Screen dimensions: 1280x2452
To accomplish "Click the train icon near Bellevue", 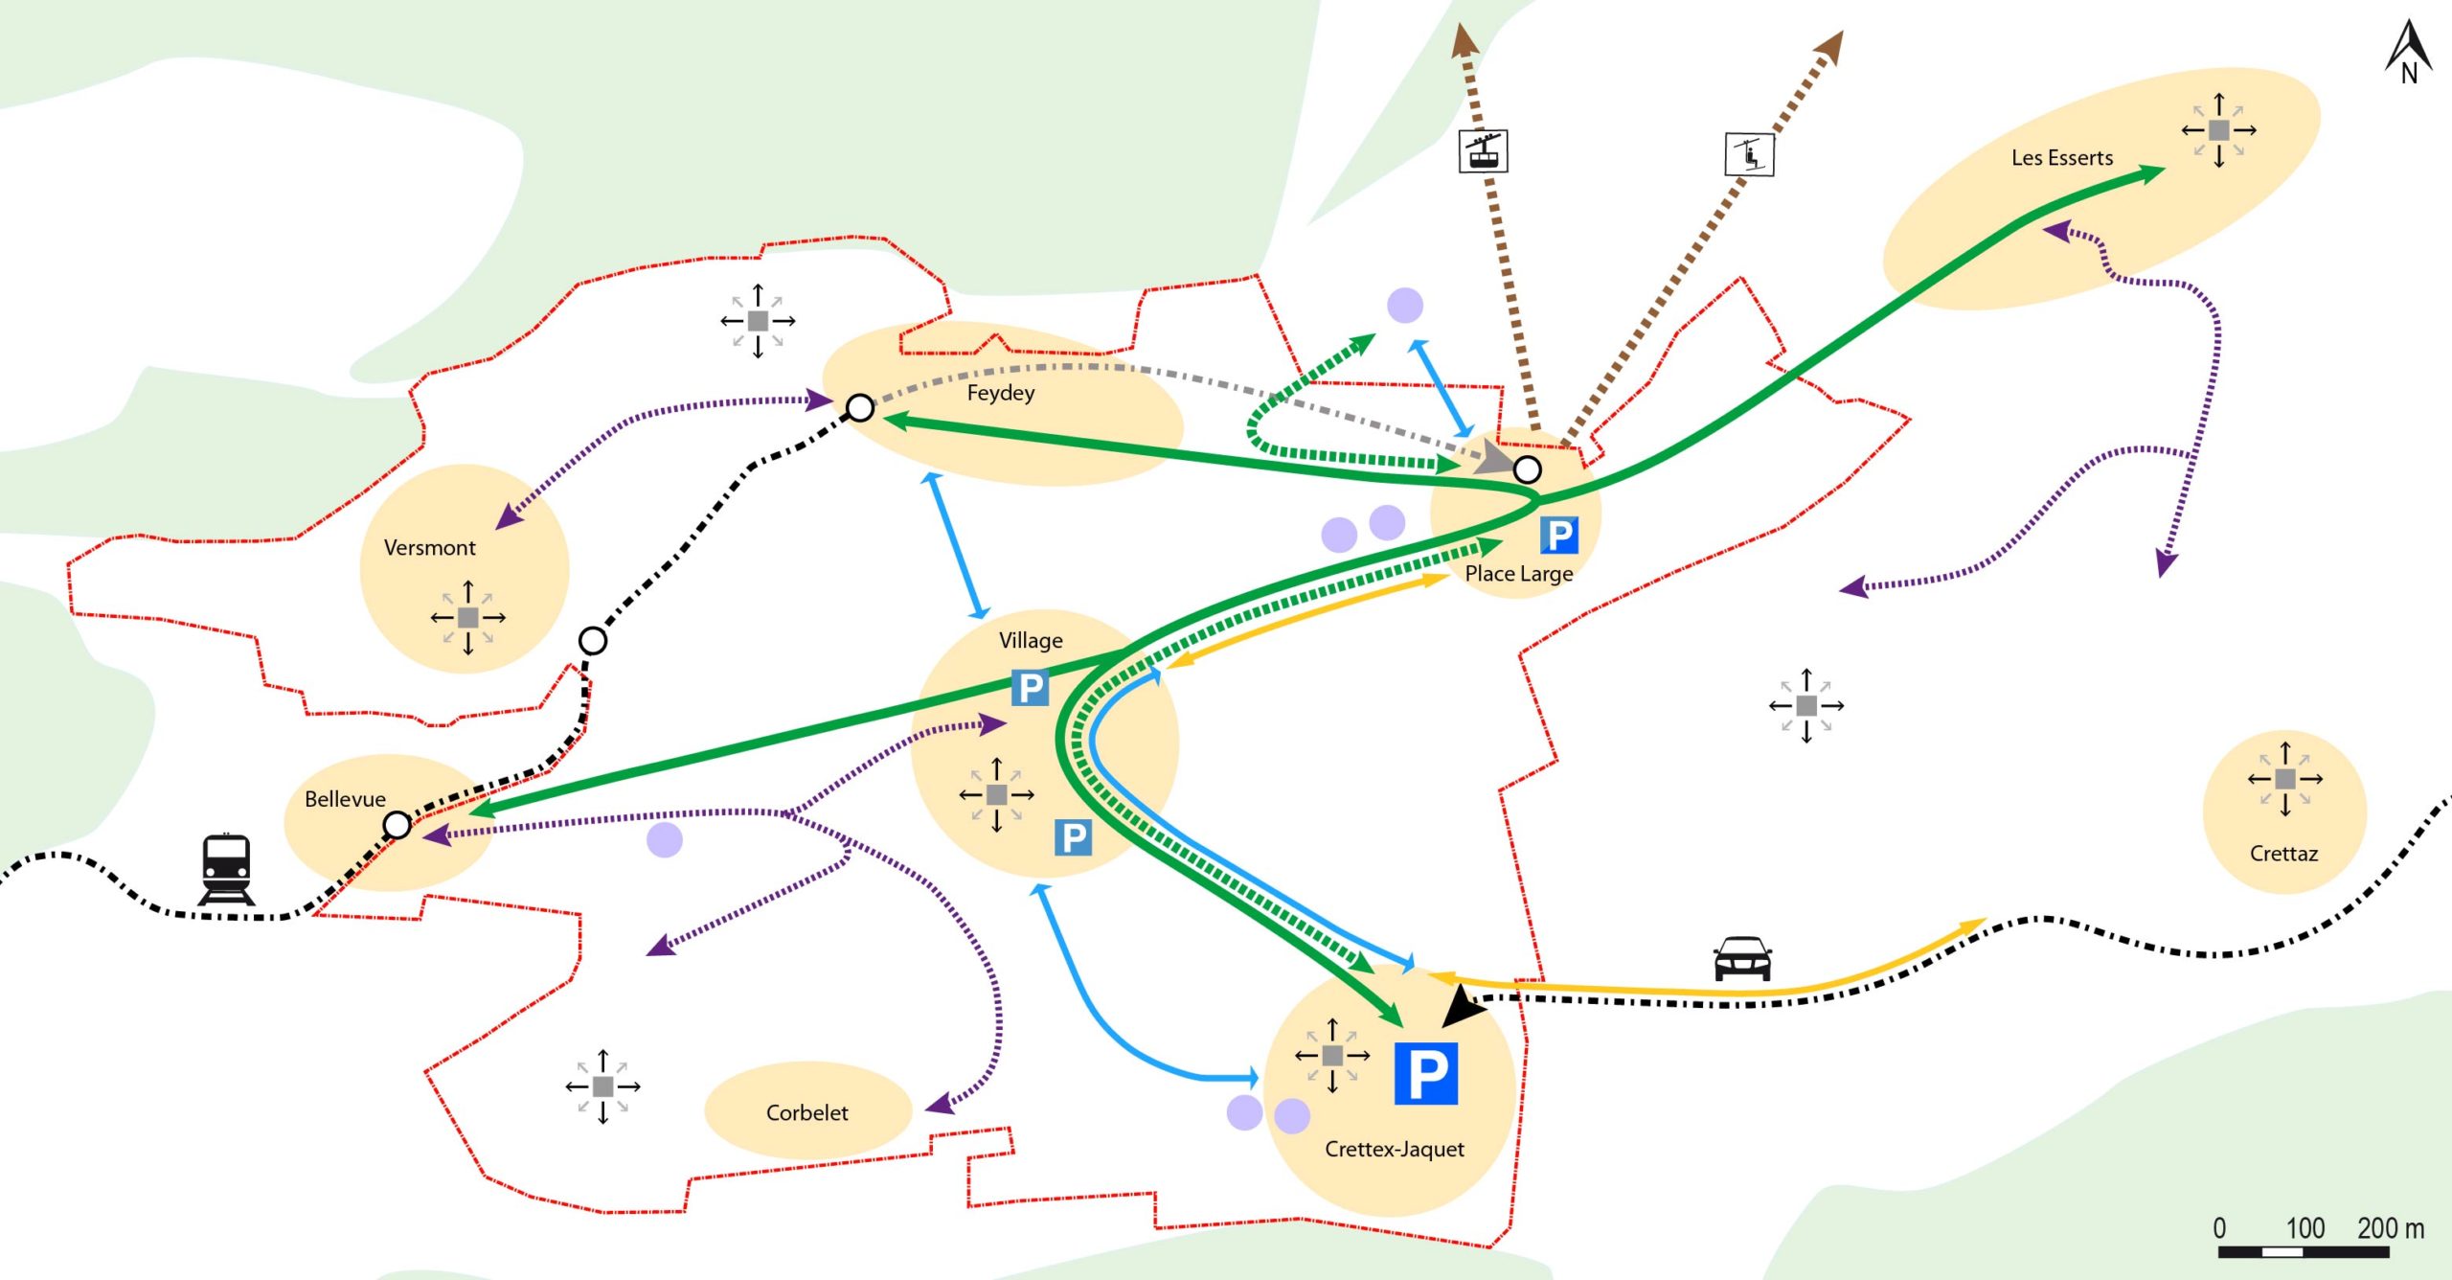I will (x=226, y=869).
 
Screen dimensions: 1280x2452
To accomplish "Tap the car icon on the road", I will (x=1742, y=958).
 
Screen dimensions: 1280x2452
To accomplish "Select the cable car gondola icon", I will (x=1483, y=151).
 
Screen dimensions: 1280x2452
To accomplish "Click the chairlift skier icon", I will (x=1749, y=154).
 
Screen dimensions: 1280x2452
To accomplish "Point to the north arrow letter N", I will (x=2409, y=73).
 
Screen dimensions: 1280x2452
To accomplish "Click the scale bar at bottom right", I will (x=2303, y=1251).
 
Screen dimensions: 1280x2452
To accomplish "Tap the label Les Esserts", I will (x=2061, y=158).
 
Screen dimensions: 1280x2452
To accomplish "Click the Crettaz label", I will (x=2283, y=854).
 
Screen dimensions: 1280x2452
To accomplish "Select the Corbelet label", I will (x=806, y=1112).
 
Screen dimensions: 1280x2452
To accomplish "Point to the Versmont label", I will (x=429, y=548).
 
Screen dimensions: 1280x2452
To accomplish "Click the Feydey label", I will (x=1000, y=393).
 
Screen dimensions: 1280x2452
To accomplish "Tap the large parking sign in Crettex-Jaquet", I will (x=1425, y=1073).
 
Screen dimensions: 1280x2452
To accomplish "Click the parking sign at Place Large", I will (x=1558, y=535).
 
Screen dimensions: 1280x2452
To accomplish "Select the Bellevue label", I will (x=345, y=799).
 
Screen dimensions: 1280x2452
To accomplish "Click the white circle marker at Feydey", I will (x=860, y=408).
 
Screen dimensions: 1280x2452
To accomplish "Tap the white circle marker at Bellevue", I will (x=397, y=825).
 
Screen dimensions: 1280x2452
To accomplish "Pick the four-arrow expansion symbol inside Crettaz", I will (x=2285, y=779).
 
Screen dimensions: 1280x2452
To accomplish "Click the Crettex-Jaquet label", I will (x=1394, y=1149).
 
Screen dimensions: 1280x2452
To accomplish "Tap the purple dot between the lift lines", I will (x=1404, y=306).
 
